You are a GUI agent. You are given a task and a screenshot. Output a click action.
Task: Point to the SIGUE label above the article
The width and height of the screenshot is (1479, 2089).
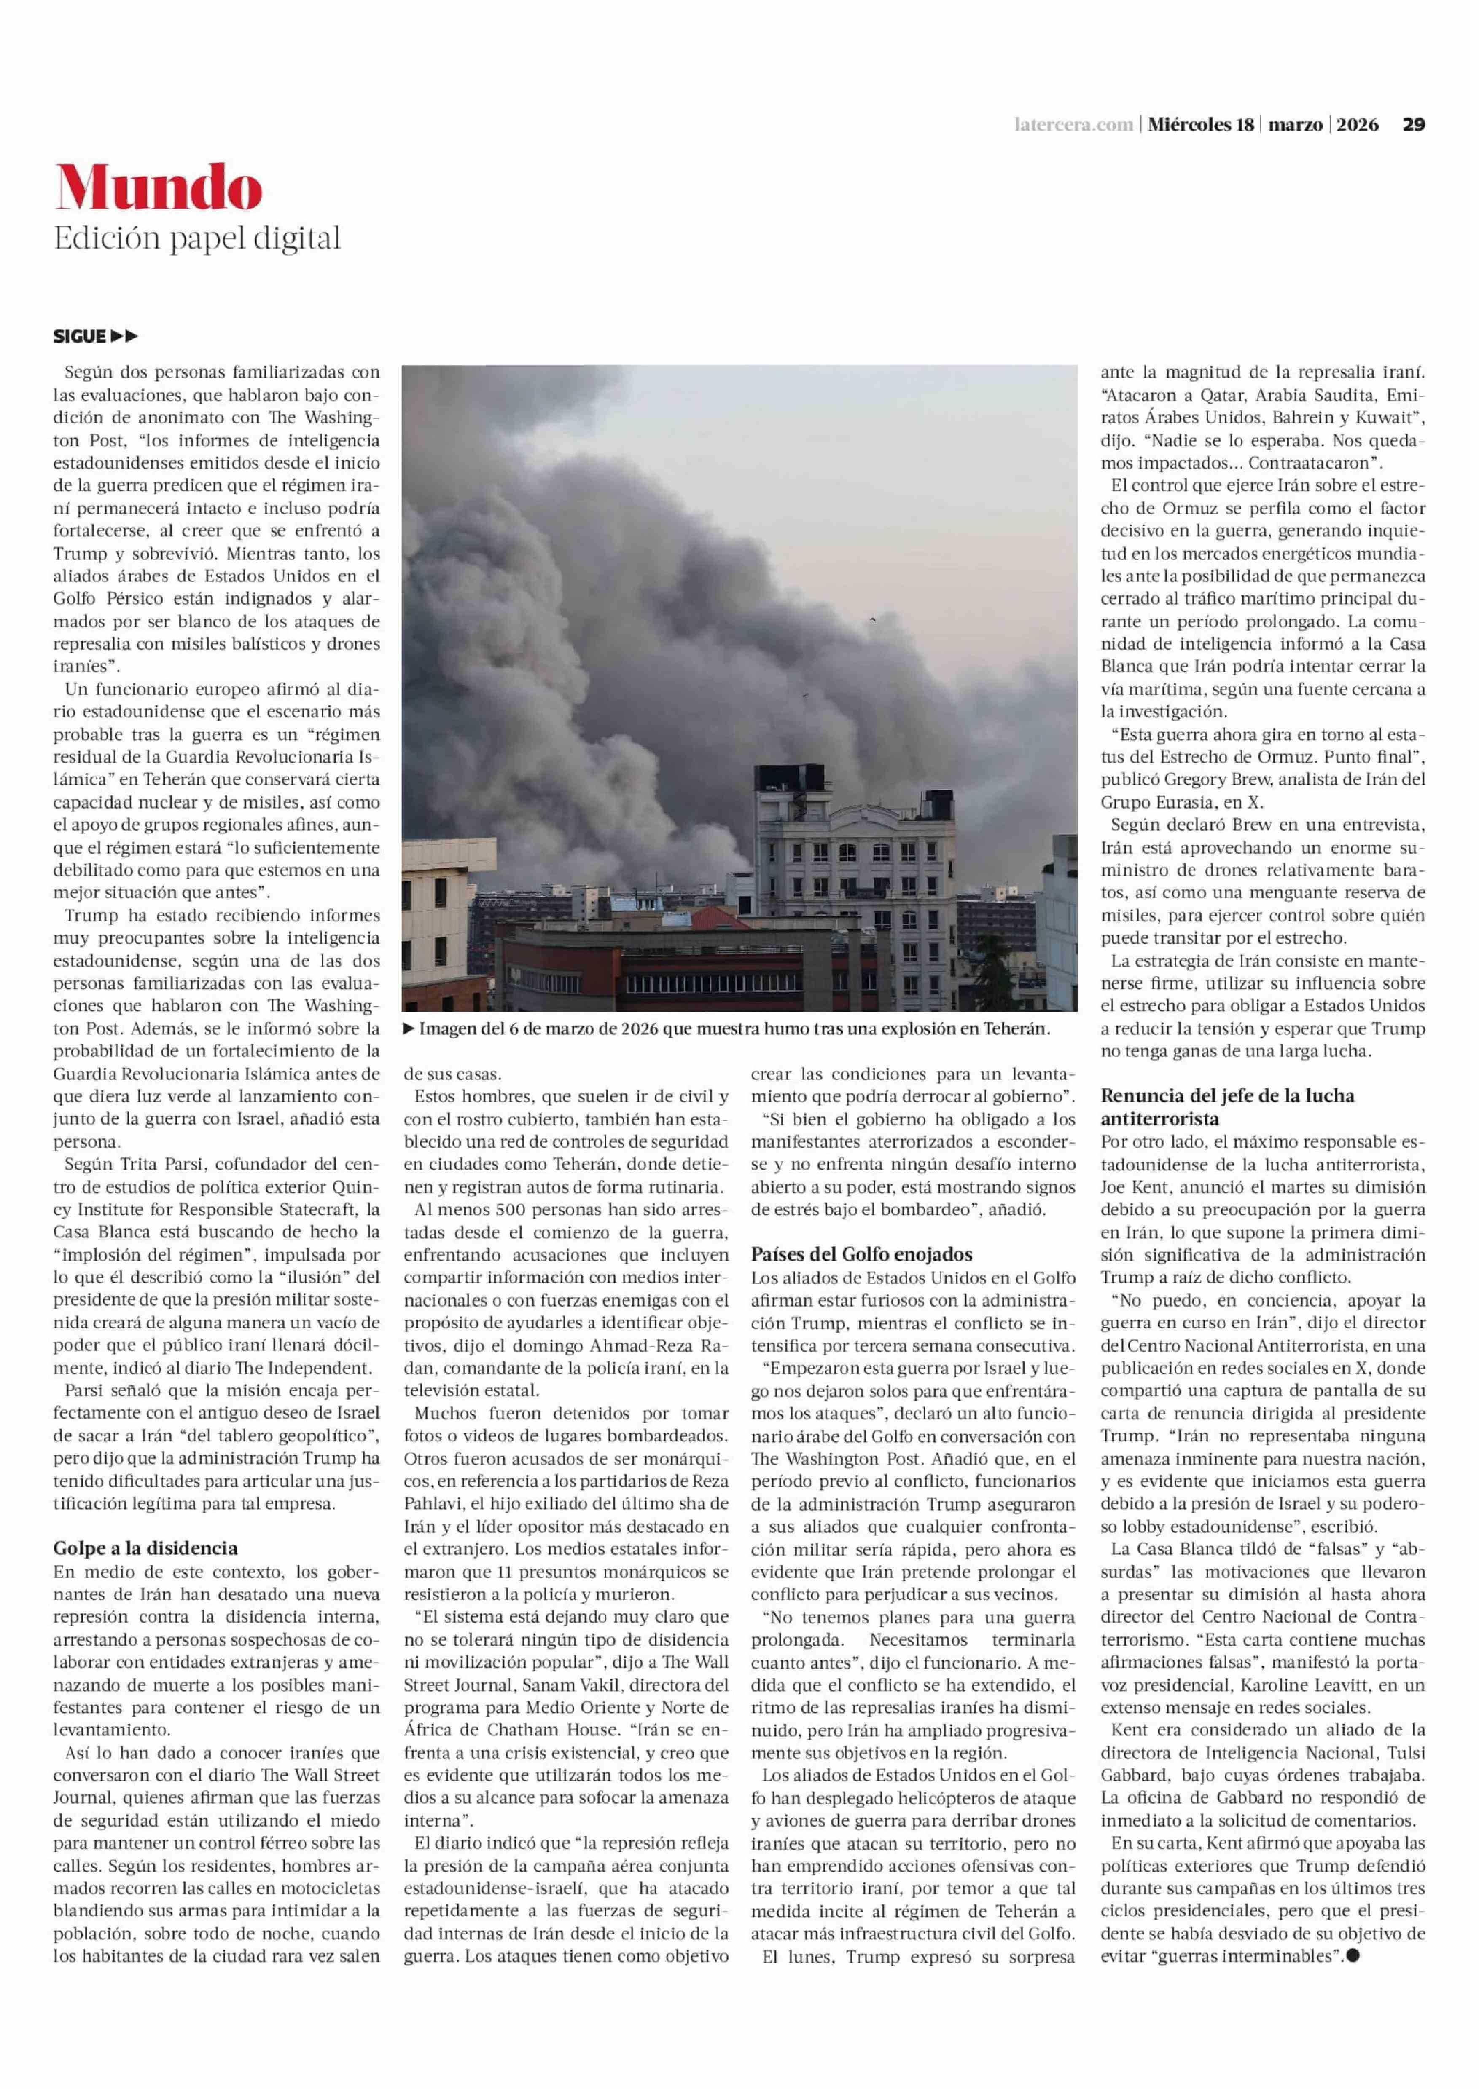[80, 337]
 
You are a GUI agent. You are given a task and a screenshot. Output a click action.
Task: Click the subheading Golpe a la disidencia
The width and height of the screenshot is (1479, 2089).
[146, 1548]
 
